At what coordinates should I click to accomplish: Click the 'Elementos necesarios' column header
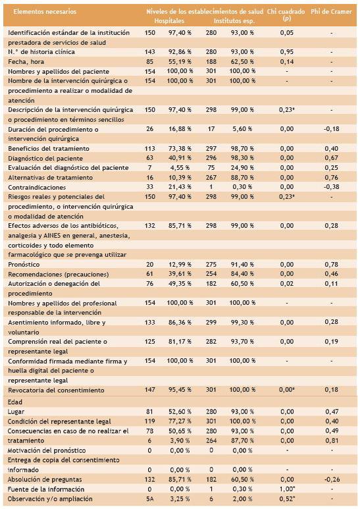45,12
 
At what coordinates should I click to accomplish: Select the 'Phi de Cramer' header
331,12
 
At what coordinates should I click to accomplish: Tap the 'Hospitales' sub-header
169,21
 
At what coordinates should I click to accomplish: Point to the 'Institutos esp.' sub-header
234,21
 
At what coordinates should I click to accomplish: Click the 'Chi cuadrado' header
286,12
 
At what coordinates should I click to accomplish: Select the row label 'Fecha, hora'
26,62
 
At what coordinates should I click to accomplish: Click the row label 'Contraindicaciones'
37,187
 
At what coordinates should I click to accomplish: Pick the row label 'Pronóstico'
24,265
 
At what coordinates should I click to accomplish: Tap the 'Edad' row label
15,402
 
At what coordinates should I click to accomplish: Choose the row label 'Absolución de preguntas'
45,479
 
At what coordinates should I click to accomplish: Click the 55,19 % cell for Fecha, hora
180,62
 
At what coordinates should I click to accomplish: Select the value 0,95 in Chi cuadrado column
287,52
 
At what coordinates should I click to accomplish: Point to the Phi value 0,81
332,441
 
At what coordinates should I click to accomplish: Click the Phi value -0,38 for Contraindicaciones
332,187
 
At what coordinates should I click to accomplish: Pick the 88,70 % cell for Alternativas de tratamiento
242,178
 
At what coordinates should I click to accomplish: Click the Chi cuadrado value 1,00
287,489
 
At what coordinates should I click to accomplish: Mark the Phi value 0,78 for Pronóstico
332,265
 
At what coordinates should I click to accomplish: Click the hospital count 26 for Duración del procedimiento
149,129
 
